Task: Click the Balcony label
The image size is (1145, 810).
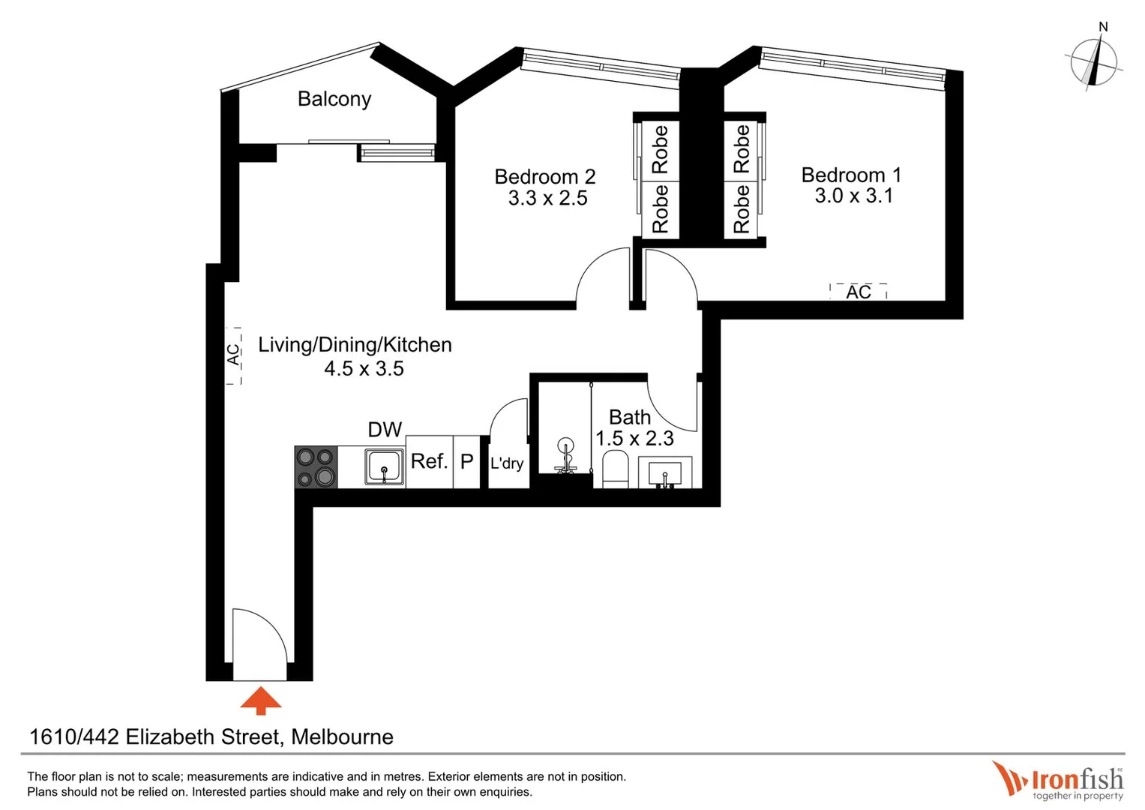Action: click(x=334, y=99)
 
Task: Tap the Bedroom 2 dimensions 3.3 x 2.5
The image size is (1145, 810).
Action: click(x=547, y=199)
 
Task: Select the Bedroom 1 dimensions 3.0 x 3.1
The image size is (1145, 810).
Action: click(x=853, y=196)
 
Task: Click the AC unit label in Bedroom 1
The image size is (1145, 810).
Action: click(x=859, y=292)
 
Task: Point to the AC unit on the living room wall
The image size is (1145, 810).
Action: click(x=234, y=355)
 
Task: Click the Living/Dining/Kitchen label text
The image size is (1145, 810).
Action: click(x=355, y=345)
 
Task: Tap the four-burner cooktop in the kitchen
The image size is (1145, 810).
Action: click(x=316, y=467)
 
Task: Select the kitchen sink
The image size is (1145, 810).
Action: click(x=385, y=467)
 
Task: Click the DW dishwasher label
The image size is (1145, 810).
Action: click(x=385, y=430)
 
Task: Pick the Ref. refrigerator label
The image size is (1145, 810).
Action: click(x=429, y=461)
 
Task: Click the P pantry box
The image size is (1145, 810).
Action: click(x=466, y=462)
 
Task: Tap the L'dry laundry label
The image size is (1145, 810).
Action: click(x=507, y=463)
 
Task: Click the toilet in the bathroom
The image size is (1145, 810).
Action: click(x=614, y=469)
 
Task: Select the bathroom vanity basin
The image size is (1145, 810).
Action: click(x=664, y=473)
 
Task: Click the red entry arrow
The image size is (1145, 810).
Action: click(x=260, y=700)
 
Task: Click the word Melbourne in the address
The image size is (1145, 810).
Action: click(x=342, y=737)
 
